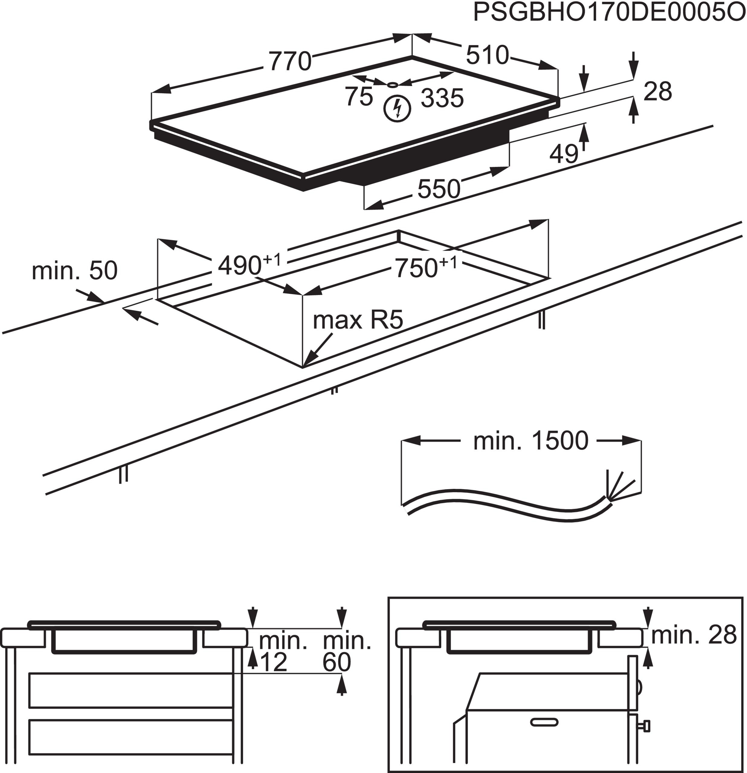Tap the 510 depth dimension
tap(487, 55)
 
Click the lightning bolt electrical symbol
tap(398, 108)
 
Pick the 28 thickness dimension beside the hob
tap(657, 91)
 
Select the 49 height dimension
tap(564, 154)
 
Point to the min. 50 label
tap(75, 271)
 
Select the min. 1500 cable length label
tap(530, 441)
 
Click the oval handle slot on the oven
tap(544, 722)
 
